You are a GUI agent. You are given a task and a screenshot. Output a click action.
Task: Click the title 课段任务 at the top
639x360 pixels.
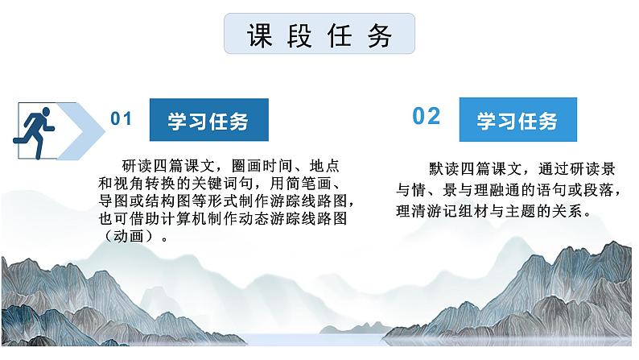point(319,36)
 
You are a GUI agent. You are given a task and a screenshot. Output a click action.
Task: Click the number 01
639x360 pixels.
point(121,119)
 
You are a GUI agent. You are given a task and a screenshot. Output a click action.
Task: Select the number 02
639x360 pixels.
point(427,117)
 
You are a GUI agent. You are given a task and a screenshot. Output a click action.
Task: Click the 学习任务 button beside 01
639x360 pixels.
point(208,122)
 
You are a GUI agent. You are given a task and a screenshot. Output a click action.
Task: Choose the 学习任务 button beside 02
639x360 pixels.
point(517,122)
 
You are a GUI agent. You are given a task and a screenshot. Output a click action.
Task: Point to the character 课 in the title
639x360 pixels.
point(259,36)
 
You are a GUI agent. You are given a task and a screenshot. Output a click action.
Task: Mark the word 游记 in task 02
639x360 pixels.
point(448,212)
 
